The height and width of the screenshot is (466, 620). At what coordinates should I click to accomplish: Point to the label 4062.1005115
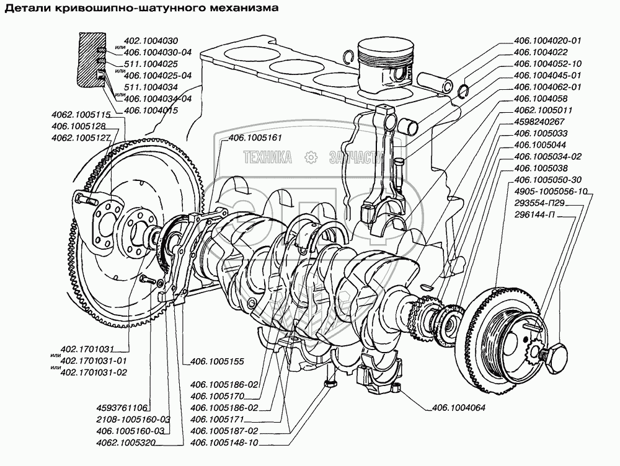81,115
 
